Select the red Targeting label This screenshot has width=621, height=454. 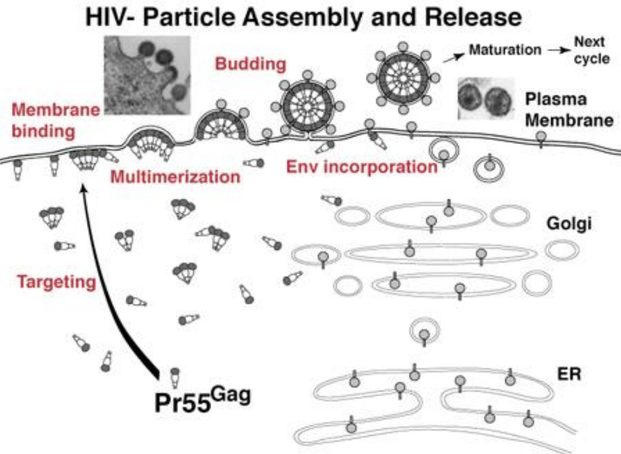tap(56, 282)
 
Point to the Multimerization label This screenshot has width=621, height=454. tap(176, 176)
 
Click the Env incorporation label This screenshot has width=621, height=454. tap(362, 167)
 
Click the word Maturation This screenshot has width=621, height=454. tap(505, 50)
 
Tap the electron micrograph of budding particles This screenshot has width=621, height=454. tap(146, 74)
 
